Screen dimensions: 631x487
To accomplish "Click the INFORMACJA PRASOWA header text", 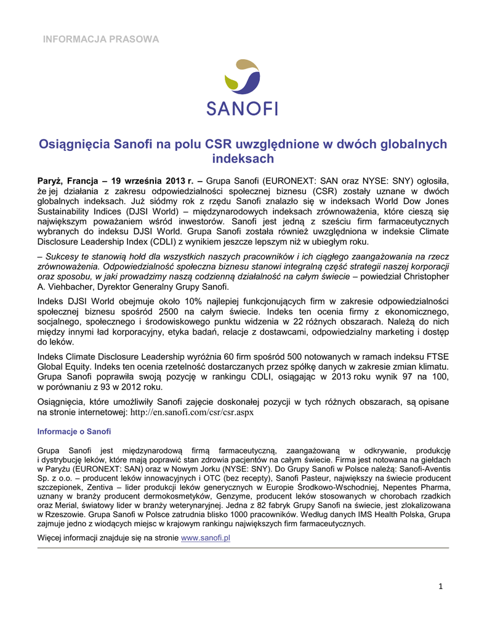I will click(x=101, y=39).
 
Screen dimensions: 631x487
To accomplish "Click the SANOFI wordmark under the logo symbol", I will click(x=242, y=110).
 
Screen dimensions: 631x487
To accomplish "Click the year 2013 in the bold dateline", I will click(x=175, y=181).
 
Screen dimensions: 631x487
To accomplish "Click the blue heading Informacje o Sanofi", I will click(x=74, y=431).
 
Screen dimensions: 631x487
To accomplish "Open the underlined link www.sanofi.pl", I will click(x=206, y=538).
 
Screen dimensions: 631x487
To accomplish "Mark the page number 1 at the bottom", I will click(x=441, y=586).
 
